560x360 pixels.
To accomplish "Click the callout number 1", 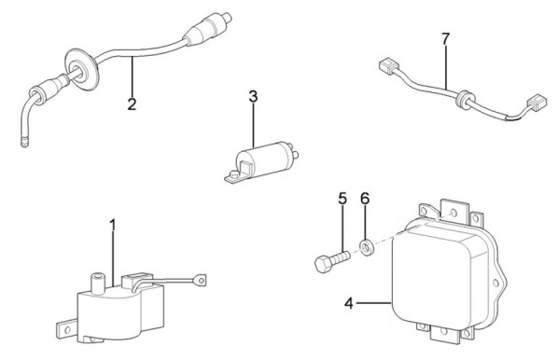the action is [x=113, y=226].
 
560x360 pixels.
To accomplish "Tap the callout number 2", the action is [x=132, y=104].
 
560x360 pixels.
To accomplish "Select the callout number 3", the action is [x=253, y=96].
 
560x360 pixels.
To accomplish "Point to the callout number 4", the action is [x=349, y=303].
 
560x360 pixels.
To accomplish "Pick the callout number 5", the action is [x=343, y=199].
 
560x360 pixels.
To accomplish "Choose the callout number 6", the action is [x=365, y=199].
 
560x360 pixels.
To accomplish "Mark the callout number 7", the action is [x=445, y=39].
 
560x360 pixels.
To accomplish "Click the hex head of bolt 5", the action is [x=324, y=264].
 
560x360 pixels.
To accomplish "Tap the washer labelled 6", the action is [x=366, y=247].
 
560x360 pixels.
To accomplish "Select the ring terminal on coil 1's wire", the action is [x=201, y=280].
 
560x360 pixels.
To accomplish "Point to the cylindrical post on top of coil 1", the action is [x=97, y=281].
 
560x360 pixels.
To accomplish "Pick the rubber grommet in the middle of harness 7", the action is [x=465, y=99].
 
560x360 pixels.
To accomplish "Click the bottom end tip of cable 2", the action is [x=24, y=143].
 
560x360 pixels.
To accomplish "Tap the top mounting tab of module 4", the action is [x=454, y=210].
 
